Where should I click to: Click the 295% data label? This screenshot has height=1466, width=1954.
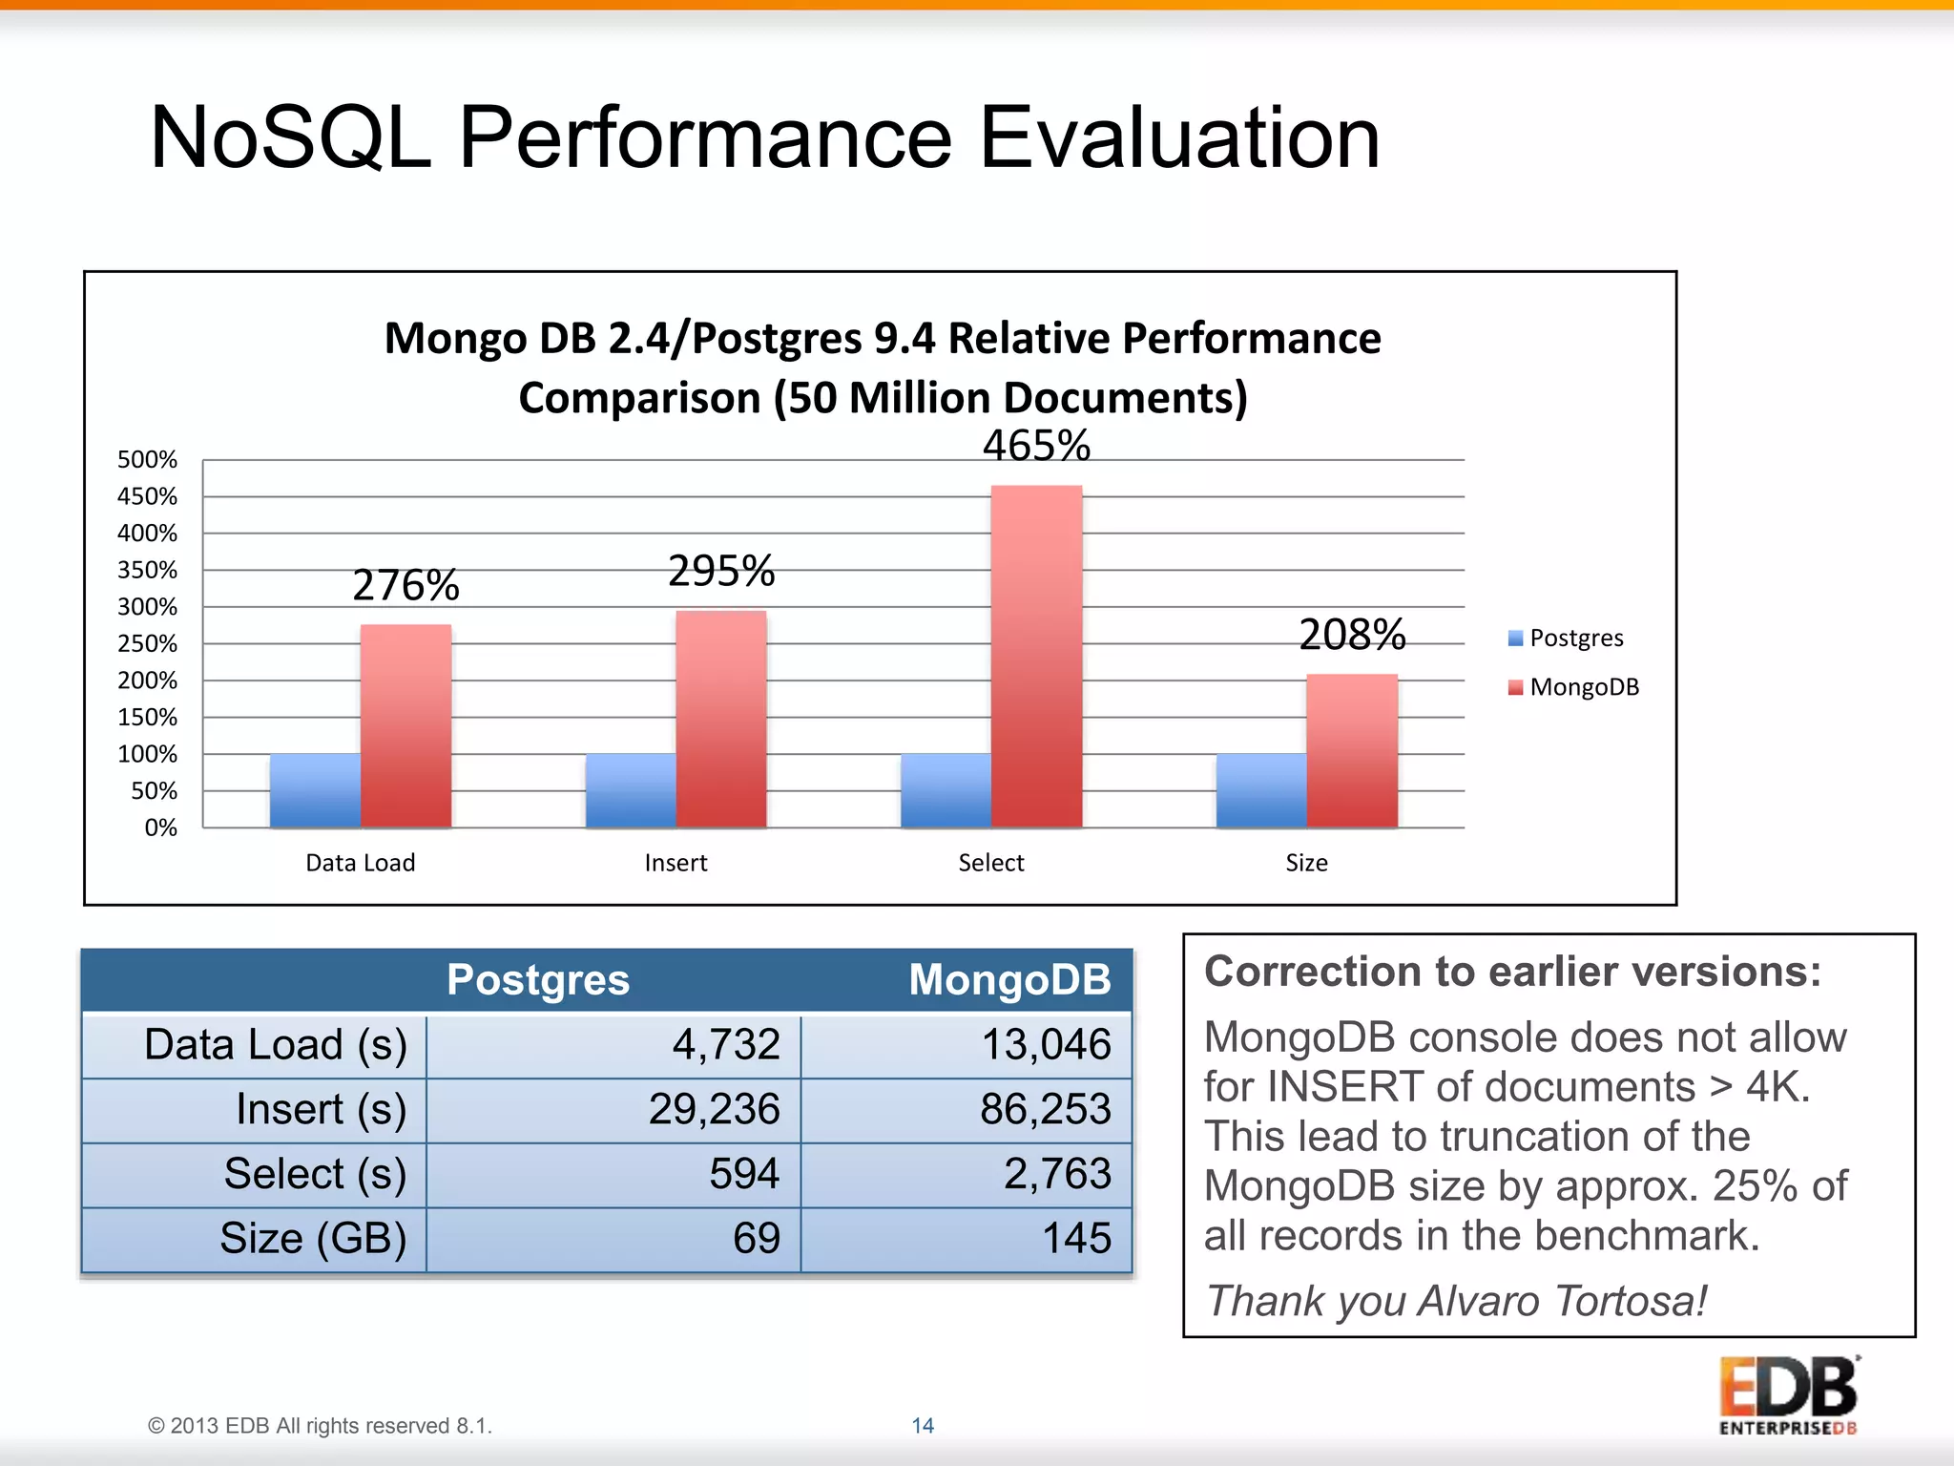pyautogui.click(x=721, y=572)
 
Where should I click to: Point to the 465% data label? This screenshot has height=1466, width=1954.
pyautogui.click(x=1036, y=446)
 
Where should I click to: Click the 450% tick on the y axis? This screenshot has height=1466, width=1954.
pyautogui.click(x=147, y=496)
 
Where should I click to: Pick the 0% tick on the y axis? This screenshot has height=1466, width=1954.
pyautogui.click(x=160, y=827)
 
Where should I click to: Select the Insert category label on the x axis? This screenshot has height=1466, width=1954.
pyautogui.click(x=676, y=863)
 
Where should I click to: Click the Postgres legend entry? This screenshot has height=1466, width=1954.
pyautogui.click(x=1575, y=639)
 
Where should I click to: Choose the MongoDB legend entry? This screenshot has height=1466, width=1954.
pyautogui.click(x=1584, y=687)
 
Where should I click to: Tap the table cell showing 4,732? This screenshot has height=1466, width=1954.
pyautogui.click(x=726, y=1044)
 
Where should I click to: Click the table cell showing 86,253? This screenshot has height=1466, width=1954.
pyautogui.click(x=1046, y=1109)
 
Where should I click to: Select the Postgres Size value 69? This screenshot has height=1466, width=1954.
pyautogui.click(x=757, y=1238)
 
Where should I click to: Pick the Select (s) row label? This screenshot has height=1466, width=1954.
pyautogui.click(x=315, y=1174)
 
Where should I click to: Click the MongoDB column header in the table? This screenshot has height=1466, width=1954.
pyautogui.click(x=1009, y=980)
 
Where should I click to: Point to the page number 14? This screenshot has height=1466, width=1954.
pyautogui.click(x=923, y=1425)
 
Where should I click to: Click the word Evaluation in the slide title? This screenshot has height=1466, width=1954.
pyautogui.click(x=1180, y=138)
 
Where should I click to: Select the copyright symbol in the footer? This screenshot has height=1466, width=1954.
pyautogui.click(x=156, y=1426)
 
